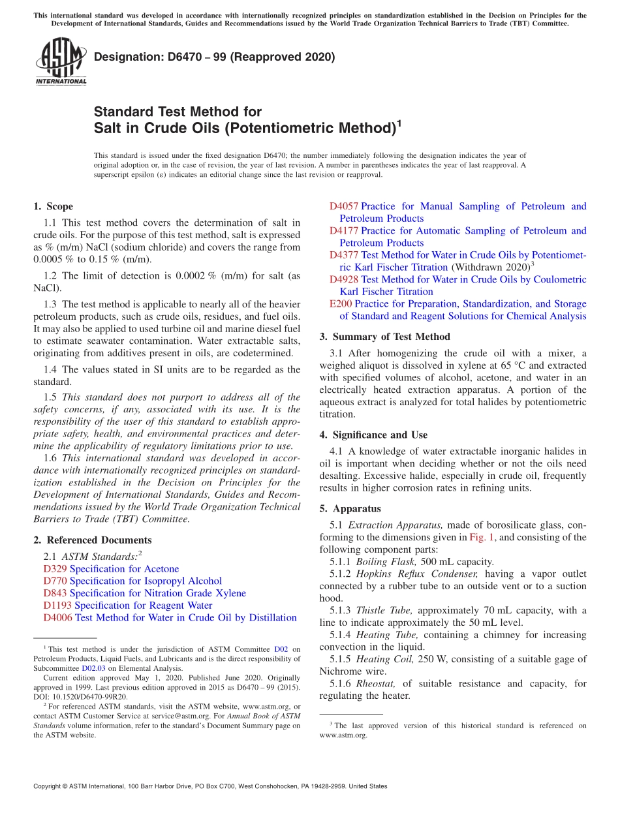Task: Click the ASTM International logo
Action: (x=61, y=61)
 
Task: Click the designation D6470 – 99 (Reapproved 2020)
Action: (x=214, y=57)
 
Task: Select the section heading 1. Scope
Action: (x=53, y=206)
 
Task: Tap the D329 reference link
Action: (x=55, y=569)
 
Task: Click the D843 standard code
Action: (x=55, y=593)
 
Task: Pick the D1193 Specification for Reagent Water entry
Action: (x=127, y=606)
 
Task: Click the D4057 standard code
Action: (x=343, y=206)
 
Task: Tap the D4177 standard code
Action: (x=343, y=230)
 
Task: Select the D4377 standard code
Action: (x=343, y=255)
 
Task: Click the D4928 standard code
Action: (x=343, y=279)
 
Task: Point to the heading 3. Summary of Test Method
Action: (x=384, y=337)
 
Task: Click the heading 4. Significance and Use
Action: (x=373, y=435)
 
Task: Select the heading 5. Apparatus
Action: (x=350, y=508)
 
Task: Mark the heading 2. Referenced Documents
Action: (x=92, y=540)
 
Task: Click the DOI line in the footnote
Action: (x=80, y=696)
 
